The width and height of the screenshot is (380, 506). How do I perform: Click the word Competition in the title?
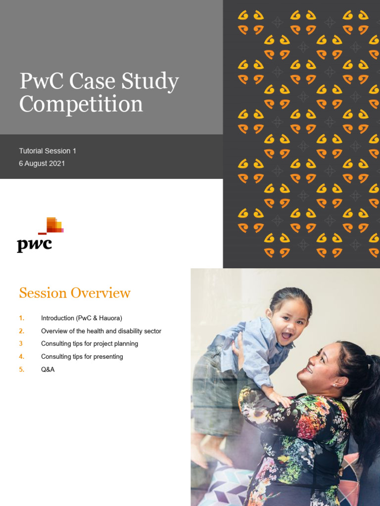coord(81,104)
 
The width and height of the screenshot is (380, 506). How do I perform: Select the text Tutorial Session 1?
coord(47,151)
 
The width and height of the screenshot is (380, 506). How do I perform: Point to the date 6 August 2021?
coord(42,163)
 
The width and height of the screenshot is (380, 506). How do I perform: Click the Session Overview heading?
coord(75,293)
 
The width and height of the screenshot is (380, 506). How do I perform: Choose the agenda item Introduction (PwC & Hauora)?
coord(81,318)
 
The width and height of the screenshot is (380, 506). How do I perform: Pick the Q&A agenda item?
coord(47,369)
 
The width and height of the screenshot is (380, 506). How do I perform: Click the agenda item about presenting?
coord(82,356)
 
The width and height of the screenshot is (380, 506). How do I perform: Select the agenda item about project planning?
coord(89,343)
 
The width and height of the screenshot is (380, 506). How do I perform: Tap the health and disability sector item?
coord(101,331)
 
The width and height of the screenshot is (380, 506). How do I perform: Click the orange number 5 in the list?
coord(21,369)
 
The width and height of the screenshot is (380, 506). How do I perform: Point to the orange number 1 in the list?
coord(21,318)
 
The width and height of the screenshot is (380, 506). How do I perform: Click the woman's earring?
coord(335,385)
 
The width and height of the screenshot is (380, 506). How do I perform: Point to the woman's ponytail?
coord(369,395)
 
